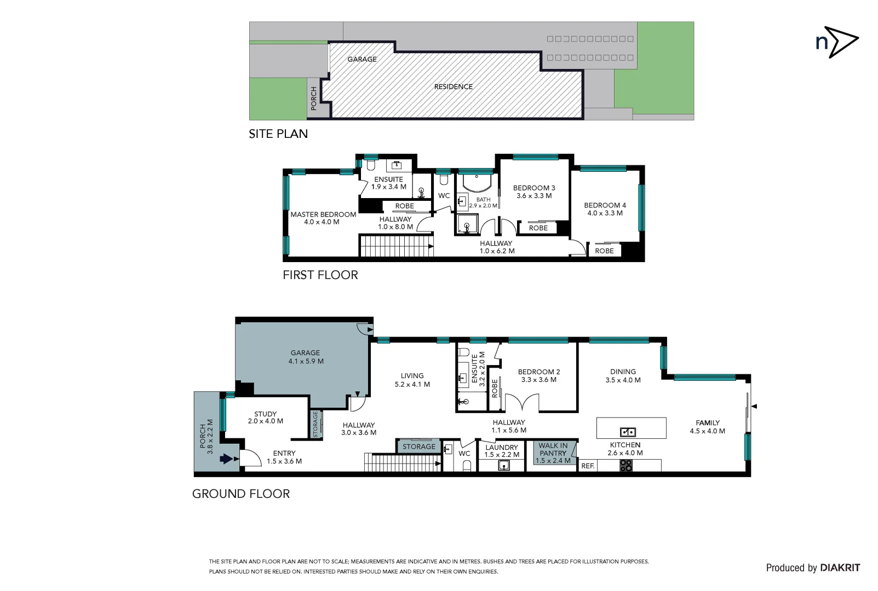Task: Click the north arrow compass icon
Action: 836,42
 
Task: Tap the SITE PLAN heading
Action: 278,134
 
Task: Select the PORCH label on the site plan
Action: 314,99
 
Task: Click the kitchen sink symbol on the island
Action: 628,432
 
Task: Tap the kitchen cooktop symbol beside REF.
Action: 626,466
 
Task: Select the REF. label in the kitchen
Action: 588,466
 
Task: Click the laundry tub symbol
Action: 504,466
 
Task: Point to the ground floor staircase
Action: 403,462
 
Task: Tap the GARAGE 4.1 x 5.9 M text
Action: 306,357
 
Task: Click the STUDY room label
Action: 266,418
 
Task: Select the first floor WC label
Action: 444,196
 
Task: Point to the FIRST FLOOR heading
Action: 320,275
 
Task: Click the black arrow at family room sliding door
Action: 754,407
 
